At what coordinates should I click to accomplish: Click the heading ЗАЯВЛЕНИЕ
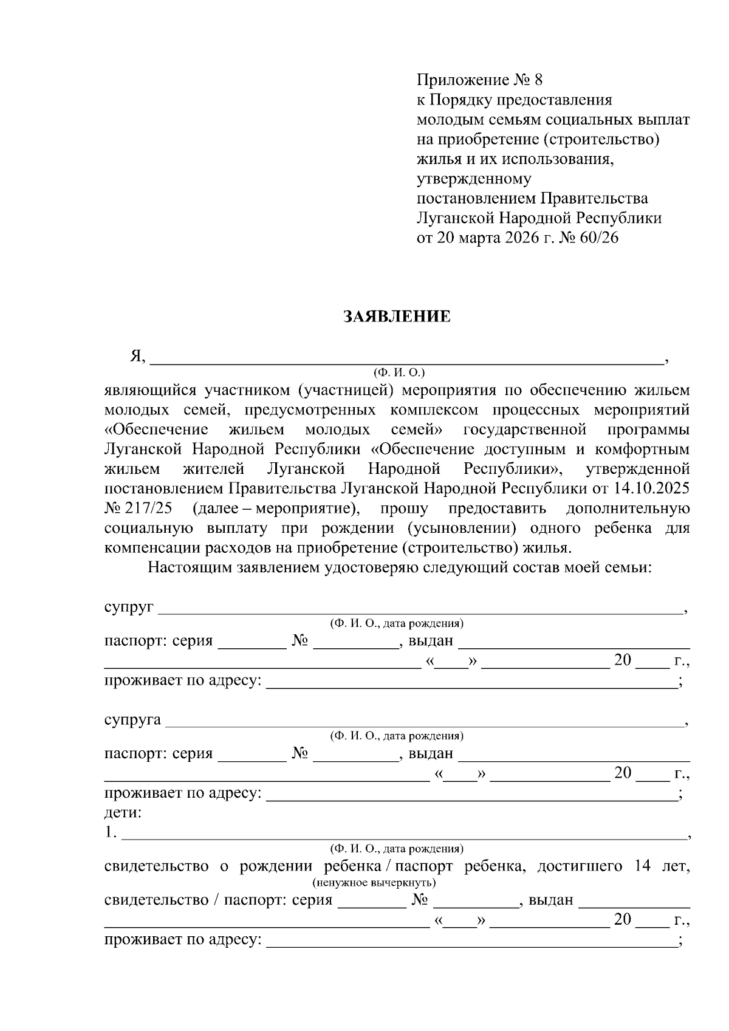[x=397, y=317]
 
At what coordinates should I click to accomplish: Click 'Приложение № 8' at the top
[x=478, y=80]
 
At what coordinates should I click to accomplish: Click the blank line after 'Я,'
[x=406, y=358]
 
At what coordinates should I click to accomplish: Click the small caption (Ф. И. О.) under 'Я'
[x=399, y=372]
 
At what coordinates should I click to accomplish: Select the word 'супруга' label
[x=132, y=720]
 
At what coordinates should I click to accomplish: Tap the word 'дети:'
[x=123, y=812]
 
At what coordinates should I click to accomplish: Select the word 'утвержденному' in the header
[x=474, y=179]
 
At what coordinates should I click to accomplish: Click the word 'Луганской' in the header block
[x=456, y=218]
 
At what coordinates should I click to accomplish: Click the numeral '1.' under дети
[x=110, y=832]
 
